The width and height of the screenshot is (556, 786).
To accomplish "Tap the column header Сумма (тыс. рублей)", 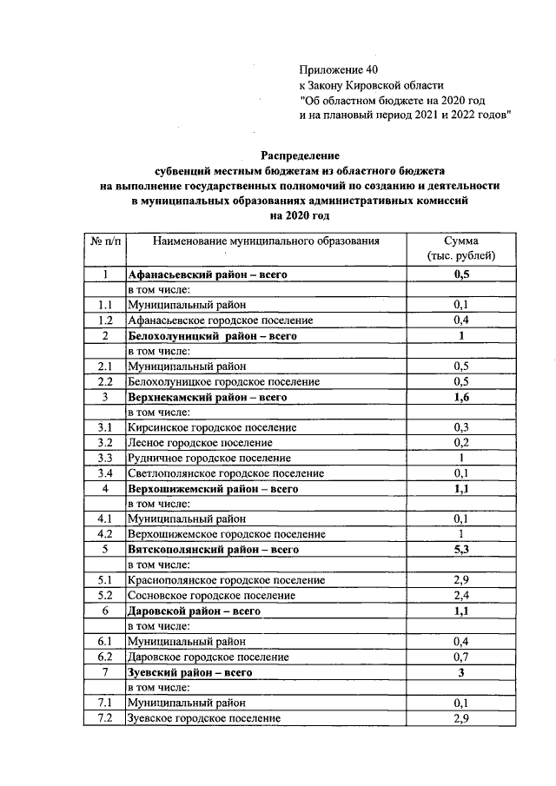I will click(x=461, y=248).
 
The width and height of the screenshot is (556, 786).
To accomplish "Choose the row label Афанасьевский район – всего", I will click(x=208, y=274).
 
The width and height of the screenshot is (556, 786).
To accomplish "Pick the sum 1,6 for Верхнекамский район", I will click(x=461, y=397).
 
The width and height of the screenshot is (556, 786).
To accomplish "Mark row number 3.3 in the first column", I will click(x=105, y=459).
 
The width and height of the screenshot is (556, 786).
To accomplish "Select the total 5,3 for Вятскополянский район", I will click(x=461, y=550).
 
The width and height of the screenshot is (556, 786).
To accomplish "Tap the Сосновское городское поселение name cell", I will click(x=211, y=596).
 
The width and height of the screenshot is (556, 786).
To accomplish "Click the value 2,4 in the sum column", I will click(x=461, y=596).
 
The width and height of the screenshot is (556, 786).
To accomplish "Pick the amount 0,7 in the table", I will click(x=461, y=657).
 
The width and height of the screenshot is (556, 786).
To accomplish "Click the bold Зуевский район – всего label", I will click(x=190, y=672).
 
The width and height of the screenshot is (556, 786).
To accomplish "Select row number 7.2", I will click(x=105, y=718).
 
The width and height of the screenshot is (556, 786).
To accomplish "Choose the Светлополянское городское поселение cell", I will click(x=226, y=473).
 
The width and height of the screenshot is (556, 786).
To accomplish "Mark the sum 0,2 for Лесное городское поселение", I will click(x=461, y=443).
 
